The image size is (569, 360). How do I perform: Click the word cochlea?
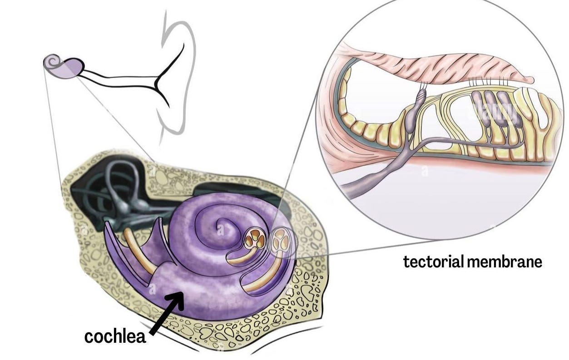point(115,336)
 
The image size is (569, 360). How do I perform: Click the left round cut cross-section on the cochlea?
point(255,239)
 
